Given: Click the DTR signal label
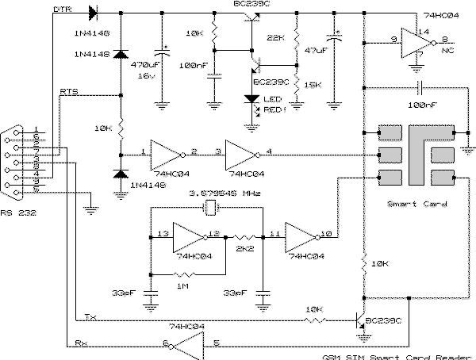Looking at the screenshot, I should pos(61,10).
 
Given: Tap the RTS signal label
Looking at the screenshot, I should pos(69,93).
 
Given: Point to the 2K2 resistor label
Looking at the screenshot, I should pos(244,250).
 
